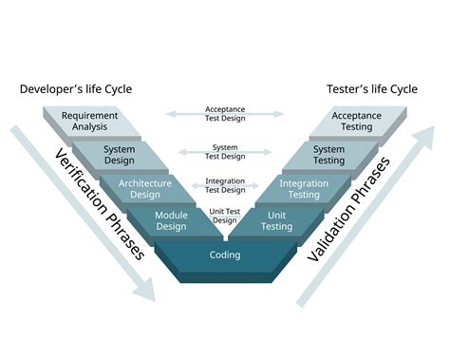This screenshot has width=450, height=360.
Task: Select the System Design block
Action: [x=119, y=155]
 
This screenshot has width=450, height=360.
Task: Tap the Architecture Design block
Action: [x=144, y=188]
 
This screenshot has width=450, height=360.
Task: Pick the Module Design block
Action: [x=171, y=221]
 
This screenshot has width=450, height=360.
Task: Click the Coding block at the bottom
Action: [x=224, y=256]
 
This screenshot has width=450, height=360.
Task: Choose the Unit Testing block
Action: [x=277, y=221]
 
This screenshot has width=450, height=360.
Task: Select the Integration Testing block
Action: [x=304, y=188]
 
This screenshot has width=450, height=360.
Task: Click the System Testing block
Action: [x=329, y=155]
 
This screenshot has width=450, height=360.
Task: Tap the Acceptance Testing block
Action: [x=355, y=122]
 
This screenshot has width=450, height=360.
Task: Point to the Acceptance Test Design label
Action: [x=224, y=114]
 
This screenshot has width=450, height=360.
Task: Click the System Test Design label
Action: [x=224, y=150]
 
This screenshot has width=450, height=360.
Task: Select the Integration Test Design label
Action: [x=224, y=183]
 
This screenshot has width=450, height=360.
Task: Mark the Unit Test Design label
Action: [x=225, y=216]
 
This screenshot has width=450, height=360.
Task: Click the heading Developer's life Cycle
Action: [x=76, y=89]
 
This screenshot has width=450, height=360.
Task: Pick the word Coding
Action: [x=224, y=256]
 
